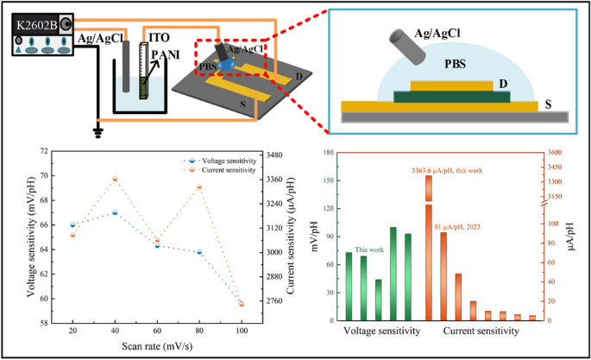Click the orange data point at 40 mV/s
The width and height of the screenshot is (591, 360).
[x=115, y=179]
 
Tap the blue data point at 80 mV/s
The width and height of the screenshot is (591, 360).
[x=199, y=252]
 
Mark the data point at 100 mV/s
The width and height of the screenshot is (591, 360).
[x=242, y=304]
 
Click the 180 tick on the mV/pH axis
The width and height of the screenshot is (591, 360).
[x=326, y=153]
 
